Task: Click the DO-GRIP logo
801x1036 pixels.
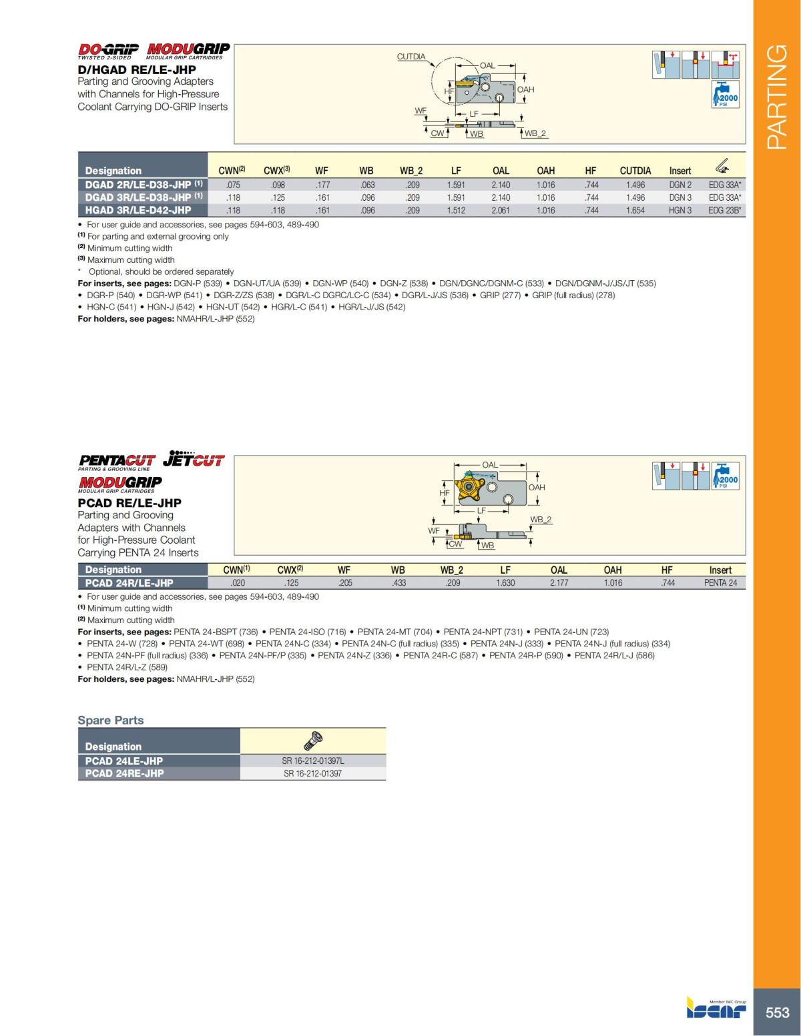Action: coord(108,49)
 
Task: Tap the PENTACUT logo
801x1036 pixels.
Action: coord(117,460)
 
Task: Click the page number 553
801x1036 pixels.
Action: coord(777,1012)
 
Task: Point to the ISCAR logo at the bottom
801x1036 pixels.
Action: coord(716,1009)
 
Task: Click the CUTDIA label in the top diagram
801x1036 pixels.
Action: coord(411,57)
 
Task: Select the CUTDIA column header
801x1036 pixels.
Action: coord(635,171)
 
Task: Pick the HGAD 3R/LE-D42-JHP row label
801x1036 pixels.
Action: coord(138,210)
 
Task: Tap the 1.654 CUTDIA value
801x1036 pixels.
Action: coord(635,210)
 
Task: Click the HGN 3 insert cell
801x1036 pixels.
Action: coord(680,210)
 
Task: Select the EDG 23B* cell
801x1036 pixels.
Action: coord(725,210)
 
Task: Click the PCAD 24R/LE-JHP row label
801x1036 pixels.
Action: coord(129,582)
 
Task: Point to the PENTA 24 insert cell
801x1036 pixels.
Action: coord(720,582)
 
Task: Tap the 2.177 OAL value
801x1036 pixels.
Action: coord(559,582)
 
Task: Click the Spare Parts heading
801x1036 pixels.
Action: coord(111,720)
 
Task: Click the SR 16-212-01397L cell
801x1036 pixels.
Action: coord(312,760)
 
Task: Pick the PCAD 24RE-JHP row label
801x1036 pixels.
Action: coord(124,773)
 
